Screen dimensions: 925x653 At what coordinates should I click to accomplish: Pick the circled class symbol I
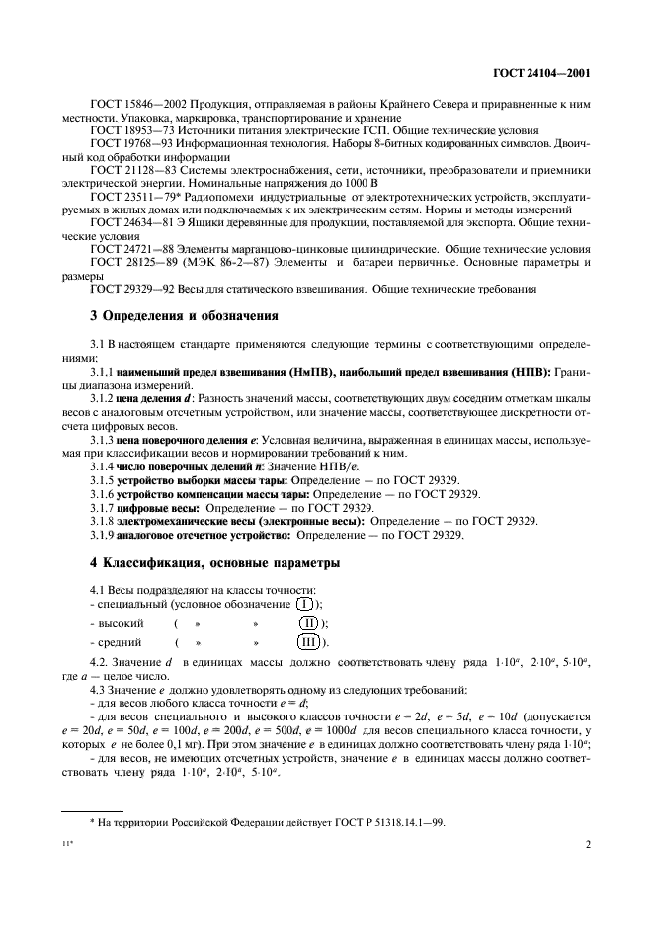[x=306, y=603]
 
